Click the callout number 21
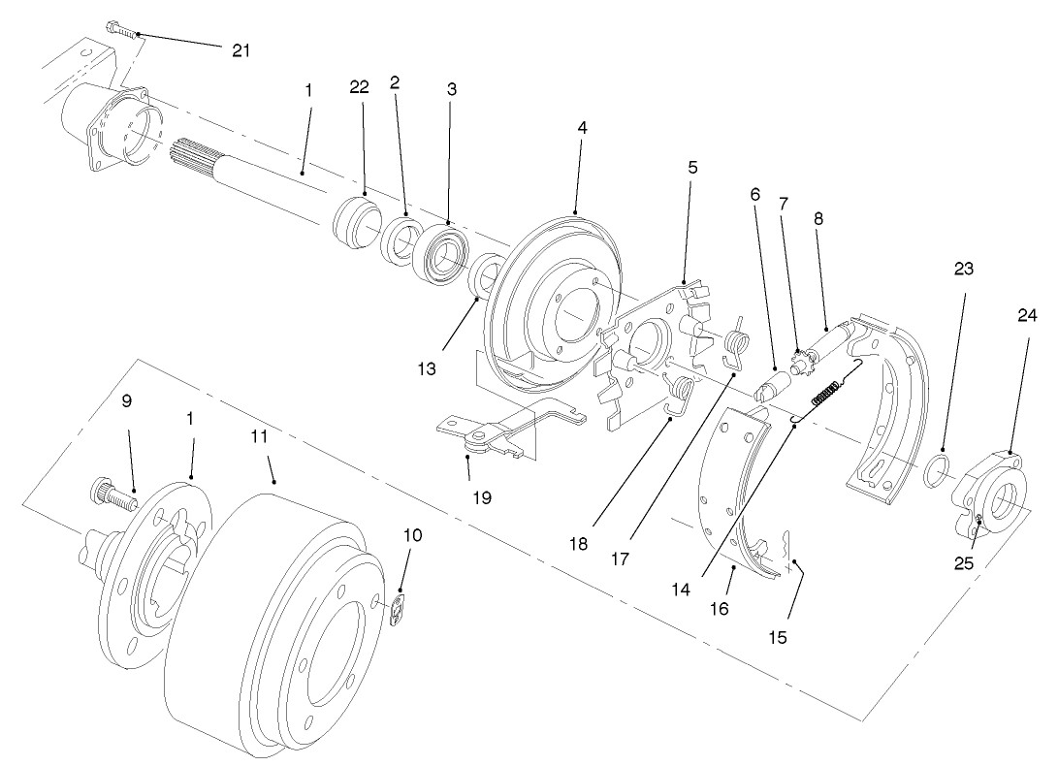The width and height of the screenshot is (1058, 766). pyautogui.click(x=240, y=50)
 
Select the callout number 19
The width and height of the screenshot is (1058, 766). pyautogui.click(x=482, y=497)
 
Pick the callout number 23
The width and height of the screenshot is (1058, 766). pyautogui.click(x=963, y=268)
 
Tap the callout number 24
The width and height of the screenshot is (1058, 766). pyautogui.click(x=1026, y=315)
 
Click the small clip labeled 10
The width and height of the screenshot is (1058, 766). pyautogui.click(x=400, y=611)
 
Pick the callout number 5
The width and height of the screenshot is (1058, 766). pyautogui.click(x=692, y=167)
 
